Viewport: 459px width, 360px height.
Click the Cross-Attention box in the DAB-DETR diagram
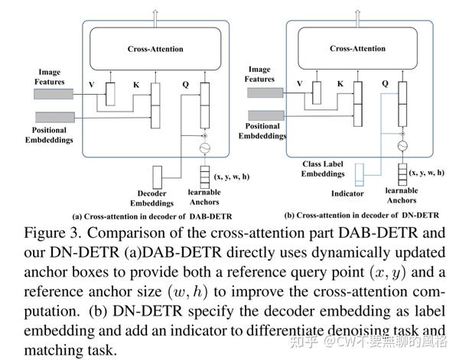(155, 48)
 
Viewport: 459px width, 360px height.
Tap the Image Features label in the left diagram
(50, 77)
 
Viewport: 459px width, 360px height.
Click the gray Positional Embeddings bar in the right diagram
(263, 115)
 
